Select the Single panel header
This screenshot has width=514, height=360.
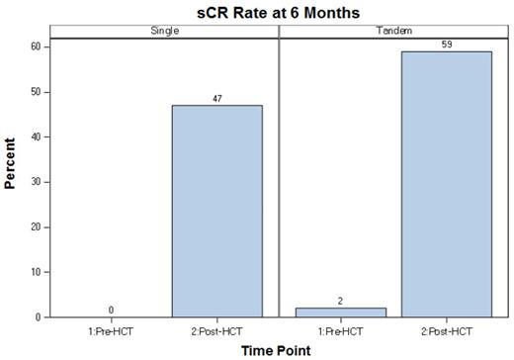(x=163, y=31)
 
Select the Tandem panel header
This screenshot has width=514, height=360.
(x=394, y=31)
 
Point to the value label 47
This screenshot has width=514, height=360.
(x=217, y=98)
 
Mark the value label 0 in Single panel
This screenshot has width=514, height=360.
(x=111, y=310)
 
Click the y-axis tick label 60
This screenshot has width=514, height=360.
(x=36, y=46)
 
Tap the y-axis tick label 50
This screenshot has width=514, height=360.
(x=36, y=92)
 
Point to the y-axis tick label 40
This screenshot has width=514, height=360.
(x=36, y=136)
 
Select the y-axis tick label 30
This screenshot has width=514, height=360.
(x=36, y=182)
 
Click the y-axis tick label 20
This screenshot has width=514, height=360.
(x=36, y=226)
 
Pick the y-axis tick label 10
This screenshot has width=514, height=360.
(x=36, y=272)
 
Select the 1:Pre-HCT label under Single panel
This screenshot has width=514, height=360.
(x=111, y=329)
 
